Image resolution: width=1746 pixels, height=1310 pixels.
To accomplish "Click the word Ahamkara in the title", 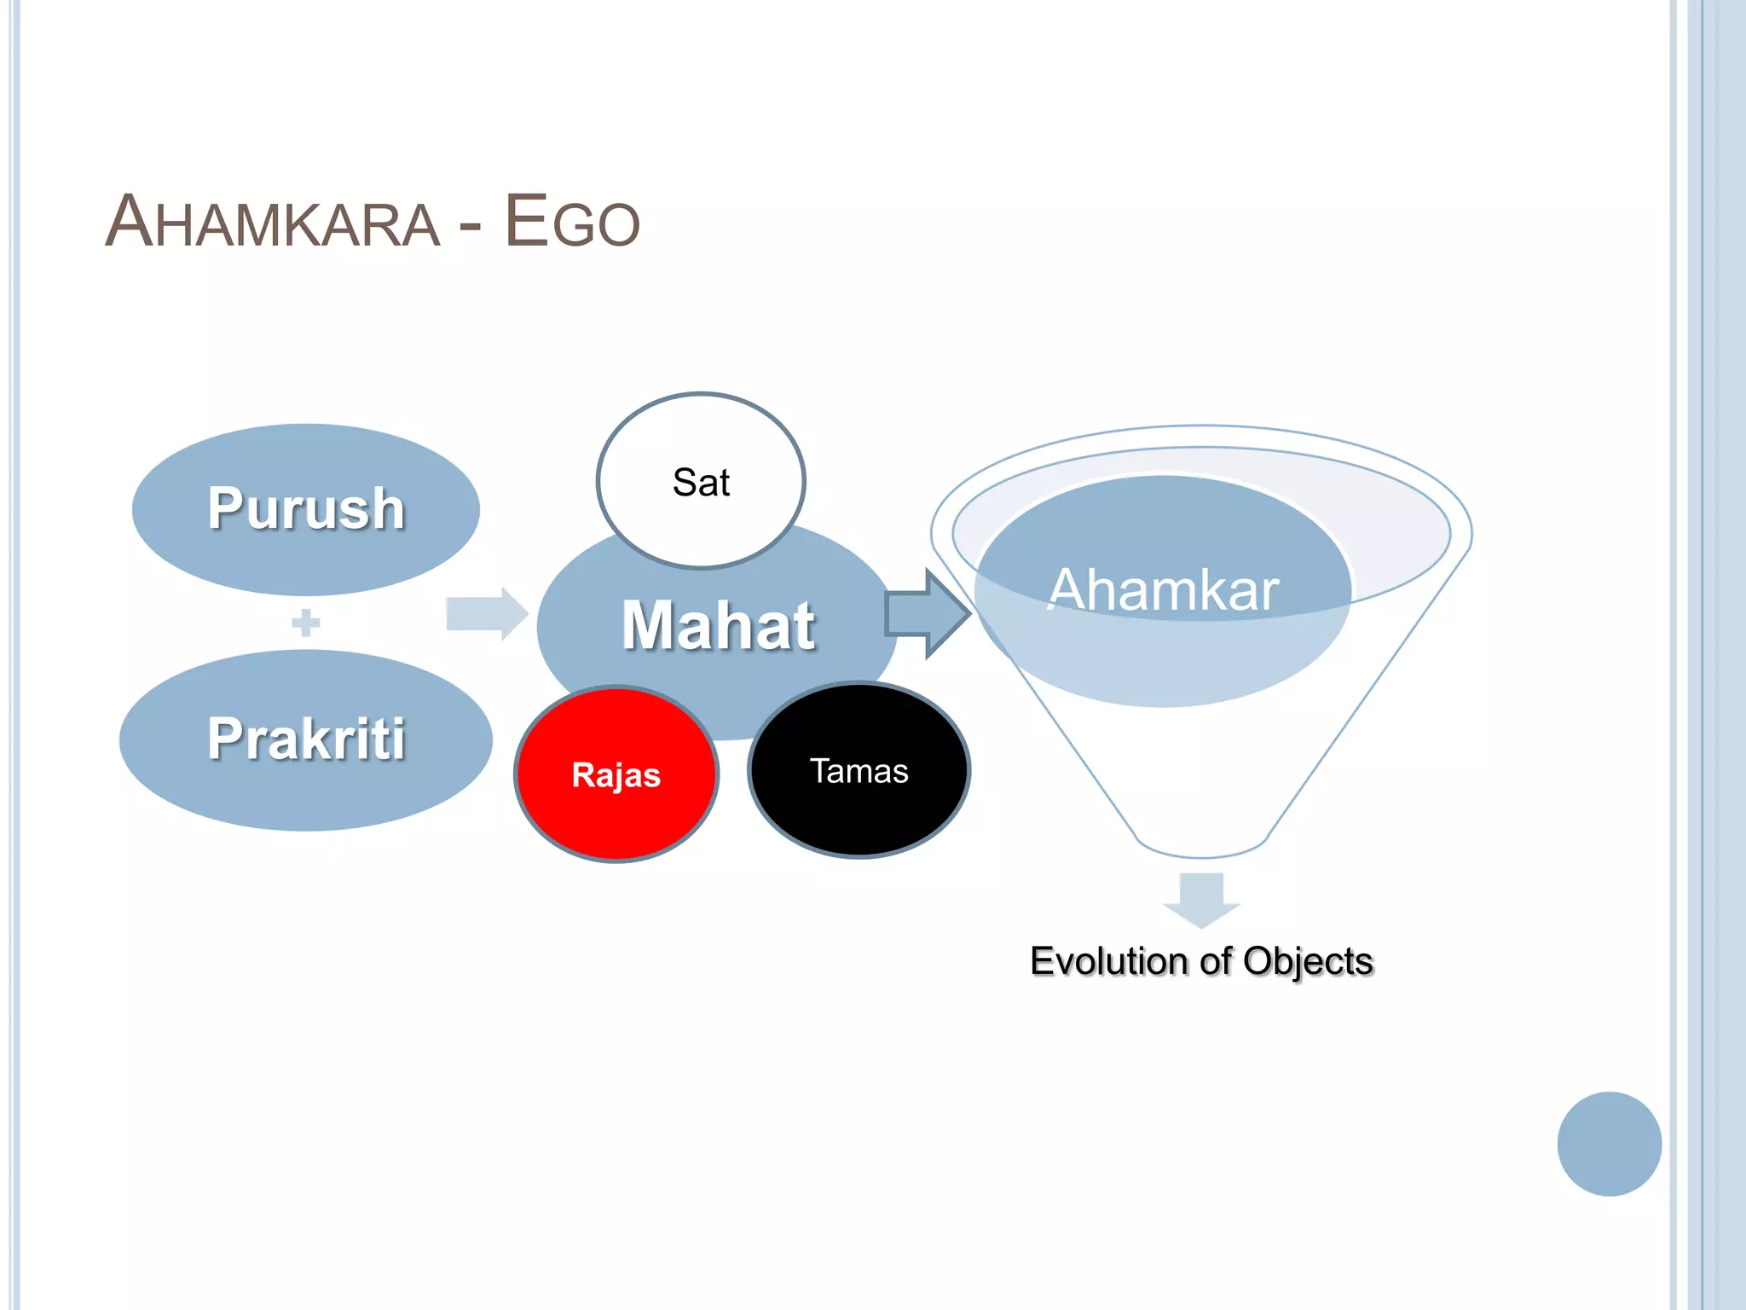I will [x=273, y=223].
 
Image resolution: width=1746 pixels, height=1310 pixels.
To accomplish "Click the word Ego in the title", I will [x=571, y=223].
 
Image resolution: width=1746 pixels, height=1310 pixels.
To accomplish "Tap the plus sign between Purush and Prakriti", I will [x=305, y=623].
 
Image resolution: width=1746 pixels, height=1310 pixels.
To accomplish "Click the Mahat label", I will [x=718, y=626].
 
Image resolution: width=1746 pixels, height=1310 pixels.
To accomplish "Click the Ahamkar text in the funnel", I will [x=1164, y=589].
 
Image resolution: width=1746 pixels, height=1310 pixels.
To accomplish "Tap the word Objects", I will [x=1308, y=962].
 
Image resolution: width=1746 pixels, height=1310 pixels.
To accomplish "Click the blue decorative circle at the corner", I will [x=1609, y=1144].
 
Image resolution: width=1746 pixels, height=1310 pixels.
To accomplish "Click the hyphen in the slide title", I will [x=470, y=227].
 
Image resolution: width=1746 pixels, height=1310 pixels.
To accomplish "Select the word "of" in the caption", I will [x=1217, y=961].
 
